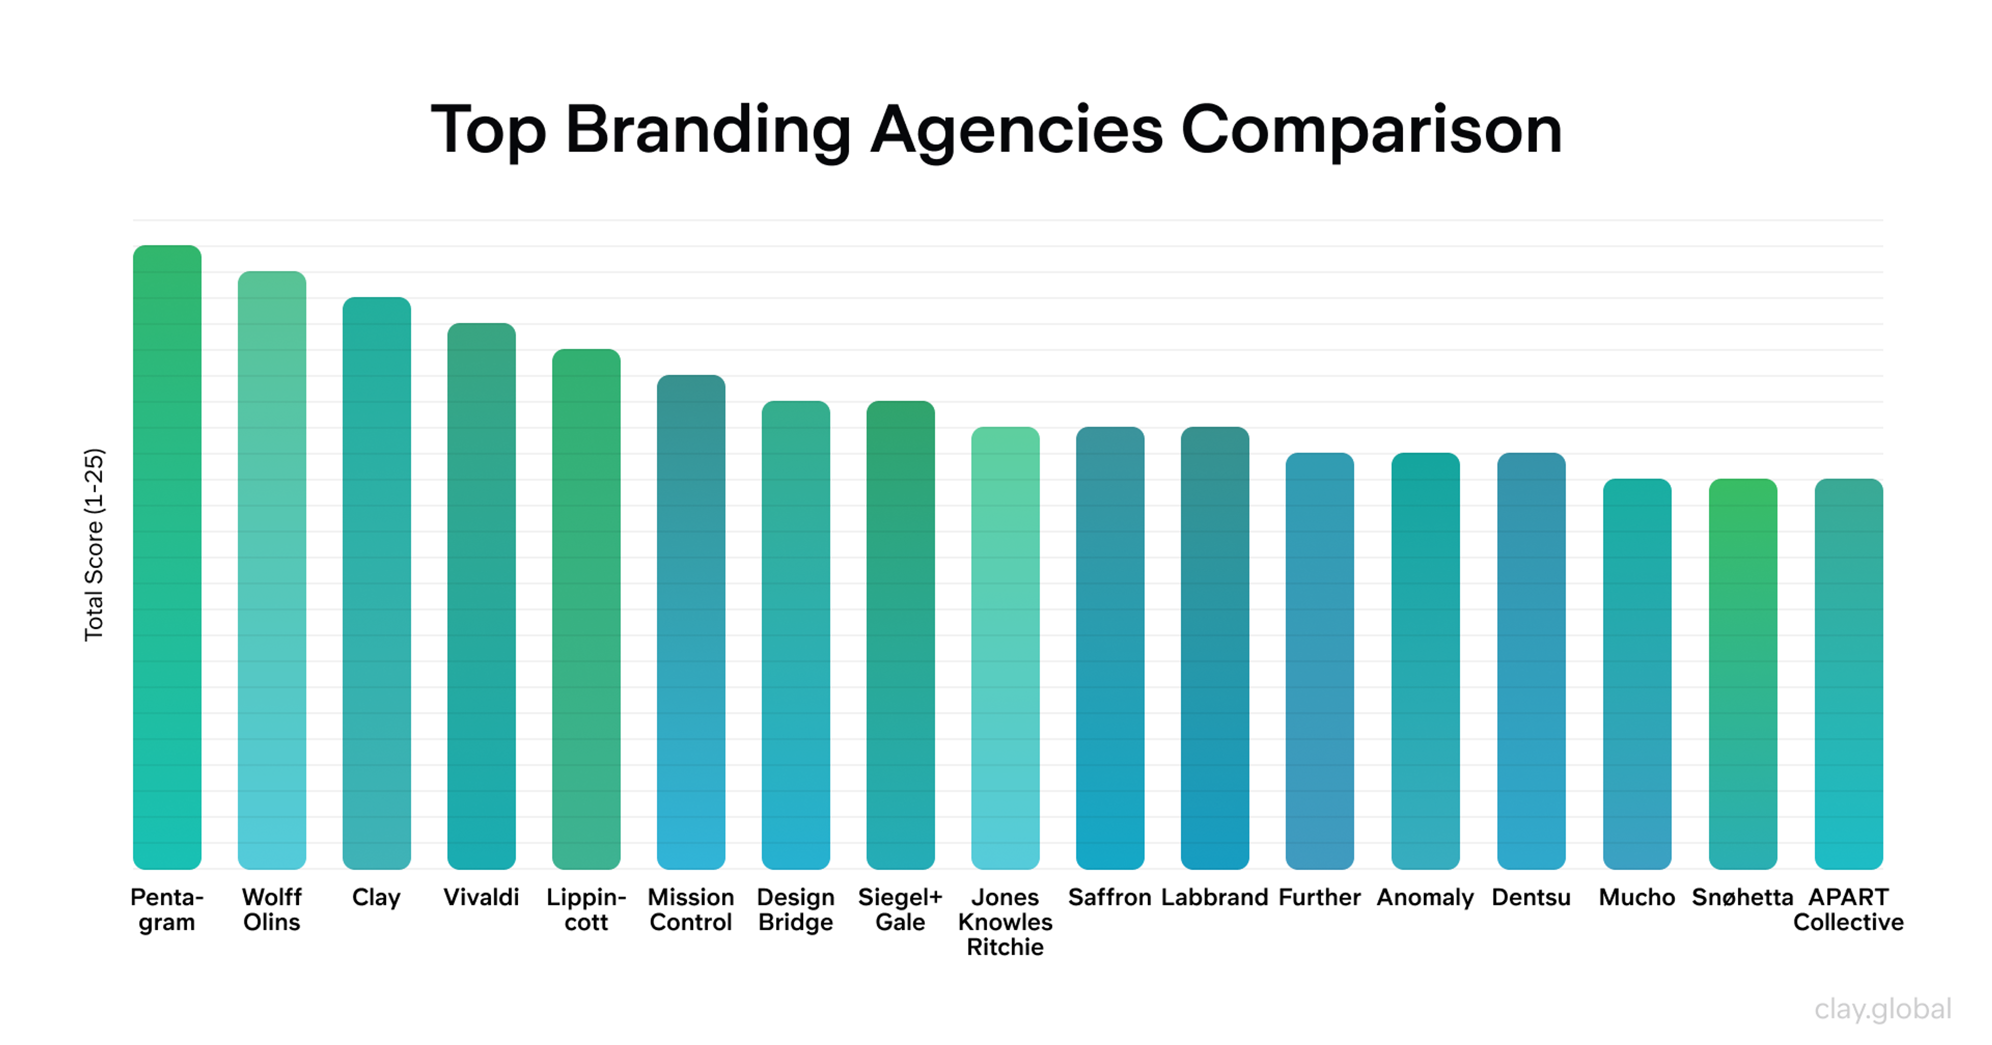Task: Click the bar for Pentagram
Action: (167, 557)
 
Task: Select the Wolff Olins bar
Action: (271, 570)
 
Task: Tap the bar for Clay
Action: (377, 583)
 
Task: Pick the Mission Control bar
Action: (690, 622)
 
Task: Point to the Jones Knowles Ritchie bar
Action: (1005, 648)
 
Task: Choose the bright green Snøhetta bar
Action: (1742, 673)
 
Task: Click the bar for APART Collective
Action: (1848, 673)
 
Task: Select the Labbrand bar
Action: (1215, 648)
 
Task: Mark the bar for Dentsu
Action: (1531, 661)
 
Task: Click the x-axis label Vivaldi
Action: (481, 897)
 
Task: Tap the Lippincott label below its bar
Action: (586, 910)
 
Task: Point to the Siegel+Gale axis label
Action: (900, 910)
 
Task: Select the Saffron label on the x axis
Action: (1110, 897)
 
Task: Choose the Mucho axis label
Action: (1637, 897)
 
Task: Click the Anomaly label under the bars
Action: (1425, 897)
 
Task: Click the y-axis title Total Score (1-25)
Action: (93, 544)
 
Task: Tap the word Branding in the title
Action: (708, 130)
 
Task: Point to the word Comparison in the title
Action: (1371, 130)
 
